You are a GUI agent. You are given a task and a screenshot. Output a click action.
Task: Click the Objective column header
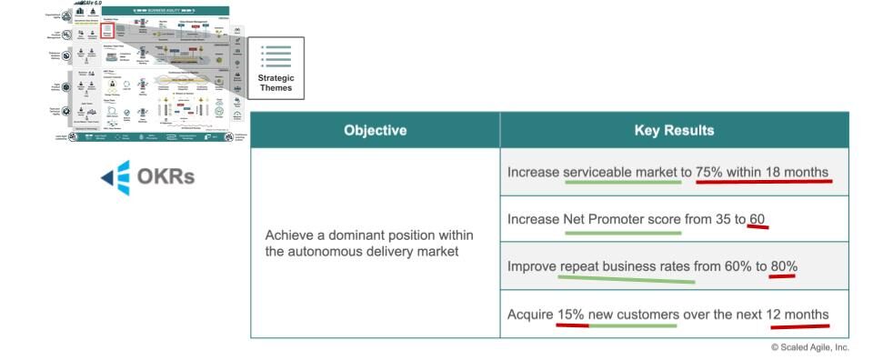(x=375, y=130)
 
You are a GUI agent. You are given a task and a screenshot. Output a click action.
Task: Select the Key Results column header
(x=674, y=130)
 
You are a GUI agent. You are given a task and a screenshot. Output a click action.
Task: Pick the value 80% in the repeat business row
(x=783, y=266)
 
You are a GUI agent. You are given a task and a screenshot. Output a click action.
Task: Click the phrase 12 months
(x=798, y=315)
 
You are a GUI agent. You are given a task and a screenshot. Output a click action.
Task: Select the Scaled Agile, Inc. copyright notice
(x=809, y=346)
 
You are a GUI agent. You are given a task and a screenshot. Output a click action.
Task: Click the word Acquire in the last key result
(x=530, y=315)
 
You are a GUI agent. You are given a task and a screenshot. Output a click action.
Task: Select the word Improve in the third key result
(x=532, y=266)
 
